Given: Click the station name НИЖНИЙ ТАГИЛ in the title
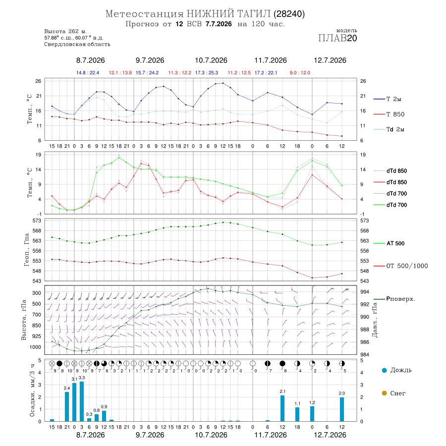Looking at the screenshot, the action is (228, 14).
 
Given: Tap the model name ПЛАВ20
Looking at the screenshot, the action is (337, 38).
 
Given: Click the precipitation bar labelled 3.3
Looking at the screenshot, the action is (82, 401).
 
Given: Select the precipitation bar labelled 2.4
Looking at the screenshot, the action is (67, 407).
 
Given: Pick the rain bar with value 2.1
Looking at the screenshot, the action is (282, 408).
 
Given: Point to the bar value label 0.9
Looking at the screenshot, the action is (104, 407).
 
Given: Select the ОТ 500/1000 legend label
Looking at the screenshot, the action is (401, 266).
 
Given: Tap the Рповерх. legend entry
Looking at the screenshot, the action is (394, 299).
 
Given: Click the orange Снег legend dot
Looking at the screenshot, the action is (384, 393).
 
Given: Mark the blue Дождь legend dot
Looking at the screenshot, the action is (384, 370).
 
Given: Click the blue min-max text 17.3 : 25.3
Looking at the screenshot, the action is (207, 73).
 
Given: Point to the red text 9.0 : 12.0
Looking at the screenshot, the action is (300, 73).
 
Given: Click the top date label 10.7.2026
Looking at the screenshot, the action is (211, 60).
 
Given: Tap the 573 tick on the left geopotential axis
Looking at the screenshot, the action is (37, 221).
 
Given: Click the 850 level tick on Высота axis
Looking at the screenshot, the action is (36, 326).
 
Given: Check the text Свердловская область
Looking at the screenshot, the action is (77, 45).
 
